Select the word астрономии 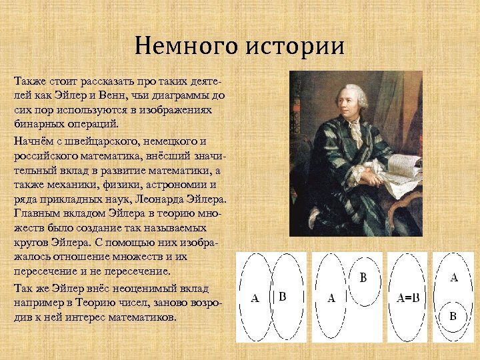tap(178, 185)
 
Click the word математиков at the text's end tap(146, 317)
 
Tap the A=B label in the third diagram tap(408, 299)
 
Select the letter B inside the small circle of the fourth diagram tap(453, 316)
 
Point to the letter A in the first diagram tap(254, 299)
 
